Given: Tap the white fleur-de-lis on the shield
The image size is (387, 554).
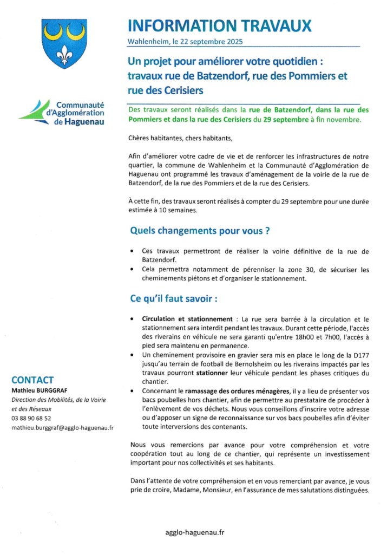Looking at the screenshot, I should coord(64,53).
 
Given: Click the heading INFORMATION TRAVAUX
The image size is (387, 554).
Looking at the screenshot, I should coord(220,25).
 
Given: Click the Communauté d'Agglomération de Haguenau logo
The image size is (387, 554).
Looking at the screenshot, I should coord(63,113).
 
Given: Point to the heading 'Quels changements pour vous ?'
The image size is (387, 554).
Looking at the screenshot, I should coord(200,231).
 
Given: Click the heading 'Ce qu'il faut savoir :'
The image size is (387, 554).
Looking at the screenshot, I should coord(174,299).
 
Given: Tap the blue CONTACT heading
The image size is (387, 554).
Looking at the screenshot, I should coord(32,380).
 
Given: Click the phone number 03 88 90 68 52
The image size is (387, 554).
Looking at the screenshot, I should coord(31,419).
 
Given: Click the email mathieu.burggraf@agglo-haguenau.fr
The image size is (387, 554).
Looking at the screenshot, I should coord(62,428).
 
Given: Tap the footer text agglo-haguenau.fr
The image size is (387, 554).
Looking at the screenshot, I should coord(194,532).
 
